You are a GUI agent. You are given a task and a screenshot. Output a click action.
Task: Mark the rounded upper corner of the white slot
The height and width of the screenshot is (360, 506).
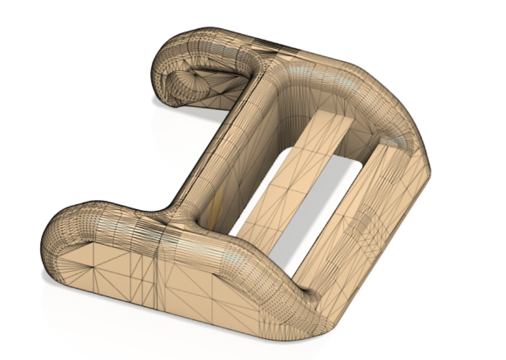point(287,151)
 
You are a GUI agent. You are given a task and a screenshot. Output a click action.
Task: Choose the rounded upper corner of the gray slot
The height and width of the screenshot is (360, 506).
point(350,164)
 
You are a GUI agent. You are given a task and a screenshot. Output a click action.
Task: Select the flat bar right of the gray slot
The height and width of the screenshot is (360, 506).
point(356,230)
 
